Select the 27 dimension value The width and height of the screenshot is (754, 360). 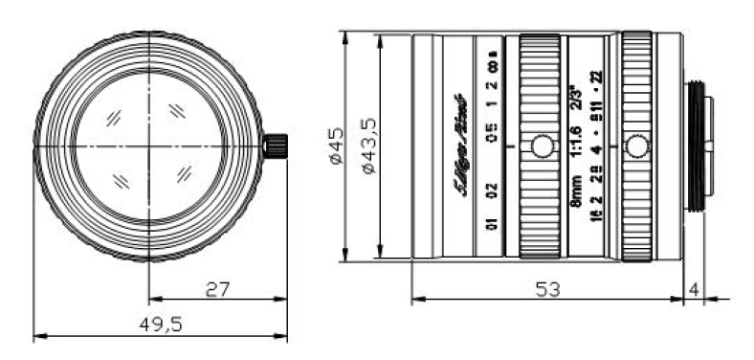coord(218,288)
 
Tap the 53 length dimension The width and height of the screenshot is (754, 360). coord(546,287)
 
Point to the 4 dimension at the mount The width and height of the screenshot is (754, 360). coord(694,287)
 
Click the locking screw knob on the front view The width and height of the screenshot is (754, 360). coord(276,146)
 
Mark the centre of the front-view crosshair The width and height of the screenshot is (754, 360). coord(148,146)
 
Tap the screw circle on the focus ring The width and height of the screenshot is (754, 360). coord(541,146)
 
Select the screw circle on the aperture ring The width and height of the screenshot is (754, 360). coord(634,146)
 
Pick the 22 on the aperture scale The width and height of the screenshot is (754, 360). coord(597,78)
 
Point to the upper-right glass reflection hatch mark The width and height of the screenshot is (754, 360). coord(177,111)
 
